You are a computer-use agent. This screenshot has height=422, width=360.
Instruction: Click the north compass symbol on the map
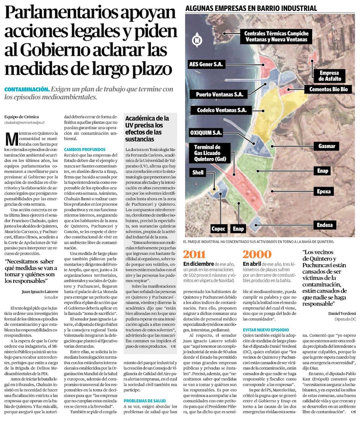tap(197, 40)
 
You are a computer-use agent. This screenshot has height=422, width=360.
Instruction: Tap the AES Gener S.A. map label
tap(207, 65)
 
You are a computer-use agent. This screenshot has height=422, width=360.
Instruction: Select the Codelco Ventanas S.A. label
tap(221, 110)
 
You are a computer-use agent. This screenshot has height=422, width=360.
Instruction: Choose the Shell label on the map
tap(198, 172)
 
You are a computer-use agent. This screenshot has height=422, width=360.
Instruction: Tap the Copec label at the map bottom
tap(218, 228)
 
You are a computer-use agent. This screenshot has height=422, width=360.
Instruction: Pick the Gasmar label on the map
tap(327, 146)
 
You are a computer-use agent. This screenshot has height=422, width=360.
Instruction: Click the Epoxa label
tap(324, 191)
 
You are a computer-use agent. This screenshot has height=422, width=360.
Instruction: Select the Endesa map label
tap(325, 225)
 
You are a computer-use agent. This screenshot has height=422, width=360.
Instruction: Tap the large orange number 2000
tap(257, 254)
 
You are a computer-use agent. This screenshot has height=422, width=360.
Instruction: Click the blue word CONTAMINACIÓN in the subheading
tap(27, 89)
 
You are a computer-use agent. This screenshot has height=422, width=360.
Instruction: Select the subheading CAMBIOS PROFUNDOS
tap(85, 149)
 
